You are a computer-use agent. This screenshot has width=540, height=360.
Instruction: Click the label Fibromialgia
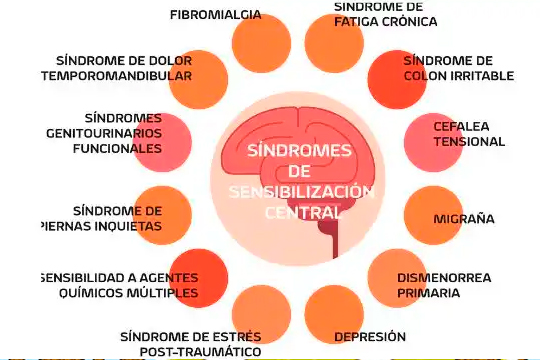[x=215, y=15]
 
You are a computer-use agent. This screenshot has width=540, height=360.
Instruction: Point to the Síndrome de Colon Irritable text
[x=458, y=68]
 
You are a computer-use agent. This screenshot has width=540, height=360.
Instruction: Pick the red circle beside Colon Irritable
[x=397, y=73]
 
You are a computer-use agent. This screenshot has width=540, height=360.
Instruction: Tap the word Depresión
[x=370, y=336]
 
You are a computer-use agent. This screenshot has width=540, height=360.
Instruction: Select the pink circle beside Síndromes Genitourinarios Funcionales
[x=162, y=142]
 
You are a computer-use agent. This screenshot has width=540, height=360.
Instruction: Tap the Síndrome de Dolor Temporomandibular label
[x=117, y=68]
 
